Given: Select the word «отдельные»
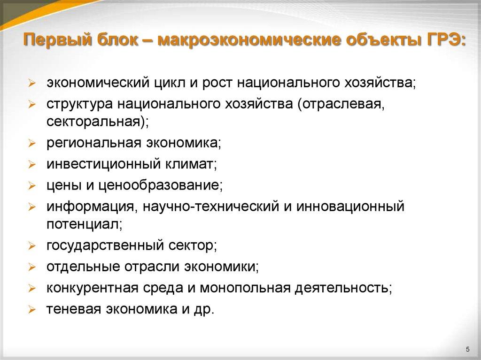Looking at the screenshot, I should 76,267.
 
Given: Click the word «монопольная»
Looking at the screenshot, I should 246,287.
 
